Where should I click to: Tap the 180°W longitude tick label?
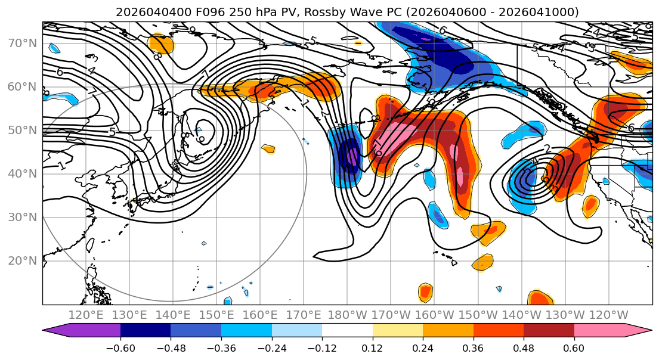347,315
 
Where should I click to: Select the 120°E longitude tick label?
86,315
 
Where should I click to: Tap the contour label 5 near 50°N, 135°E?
112,132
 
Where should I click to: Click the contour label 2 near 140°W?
547,149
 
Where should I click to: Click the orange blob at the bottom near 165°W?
425,292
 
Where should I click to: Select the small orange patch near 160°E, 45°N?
268,148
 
